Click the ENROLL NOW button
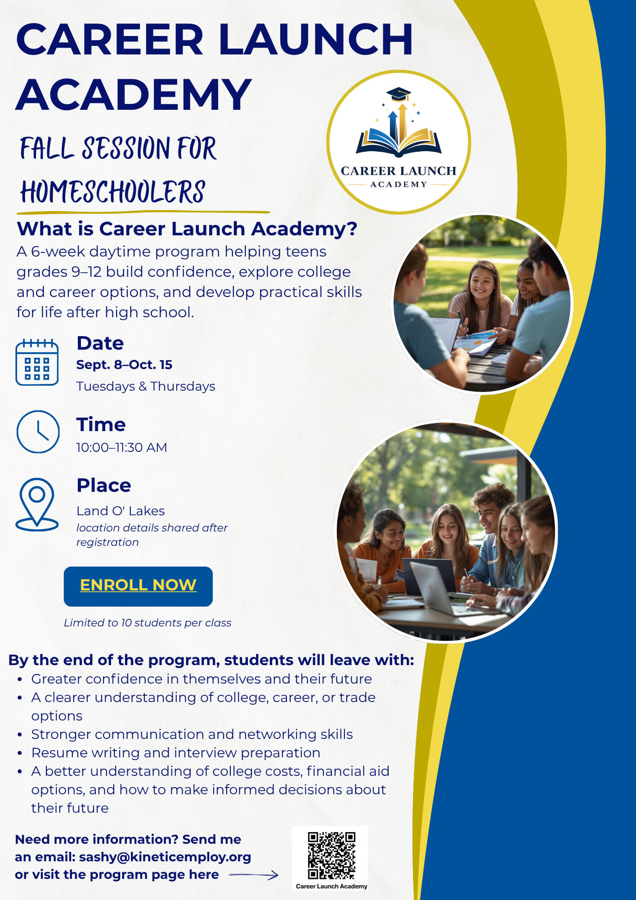pos(138,586)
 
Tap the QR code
pos(331,855)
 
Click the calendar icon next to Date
pos(37,362)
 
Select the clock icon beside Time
pos(38,432)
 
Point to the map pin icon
pos(37,504)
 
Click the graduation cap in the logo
pos(399,94)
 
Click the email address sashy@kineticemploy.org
pos(165,857)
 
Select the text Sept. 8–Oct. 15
pos(124,364)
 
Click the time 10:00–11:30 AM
pos(121,447)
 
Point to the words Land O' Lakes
pos(121,511)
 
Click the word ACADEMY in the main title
pos(134,94)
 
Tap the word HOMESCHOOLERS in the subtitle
pos(112,192)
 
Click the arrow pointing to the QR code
pos(254,875)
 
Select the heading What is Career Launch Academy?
pos(187,229)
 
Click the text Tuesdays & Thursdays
pos(146,386)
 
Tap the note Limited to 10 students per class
pos(148,623)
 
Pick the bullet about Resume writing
pos(176,752)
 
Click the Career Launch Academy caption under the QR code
pos(331,886)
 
